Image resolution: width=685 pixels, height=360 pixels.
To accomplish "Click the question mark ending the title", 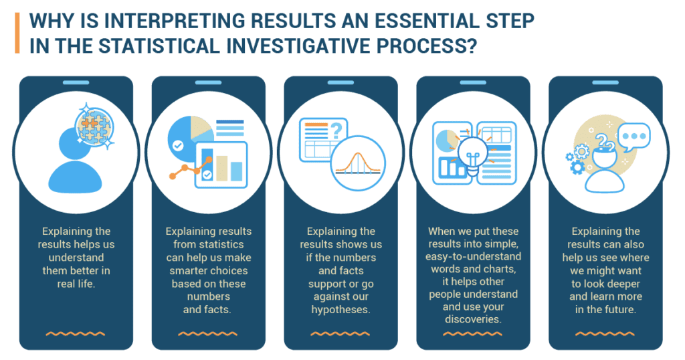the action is pos(470,46).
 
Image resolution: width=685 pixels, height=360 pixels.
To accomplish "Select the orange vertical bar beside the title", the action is pos(17,33).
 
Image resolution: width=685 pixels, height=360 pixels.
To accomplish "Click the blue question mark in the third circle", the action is pos(336,130).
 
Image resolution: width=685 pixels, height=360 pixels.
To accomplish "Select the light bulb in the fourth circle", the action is pos(472,155).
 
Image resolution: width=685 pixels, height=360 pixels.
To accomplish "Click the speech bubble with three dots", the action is pos(634,137).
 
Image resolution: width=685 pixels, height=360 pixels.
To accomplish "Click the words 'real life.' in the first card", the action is pos(76,284).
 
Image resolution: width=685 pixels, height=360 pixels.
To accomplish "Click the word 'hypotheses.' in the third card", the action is pos(340,310).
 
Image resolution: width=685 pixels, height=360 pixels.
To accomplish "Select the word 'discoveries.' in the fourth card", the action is pos(473,319).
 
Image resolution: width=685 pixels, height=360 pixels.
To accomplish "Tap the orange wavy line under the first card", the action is pos(76,334).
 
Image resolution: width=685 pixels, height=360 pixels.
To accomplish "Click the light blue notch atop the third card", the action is pos(340,82).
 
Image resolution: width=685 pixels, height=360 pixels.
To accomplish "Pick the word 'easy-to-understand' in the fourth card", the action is pos(473,256).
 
